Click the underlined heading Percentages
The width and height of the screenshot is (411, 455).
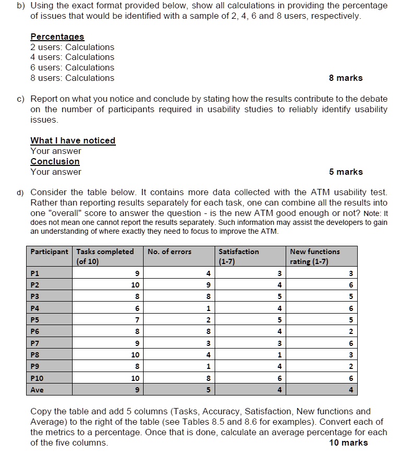(57, 37)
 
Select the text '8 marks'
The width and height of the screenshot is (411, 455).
(345, 78)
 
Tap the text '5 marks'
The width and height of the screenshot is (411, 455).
(345, 172)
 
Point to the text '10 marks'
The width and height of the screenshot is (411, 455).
(348, 442)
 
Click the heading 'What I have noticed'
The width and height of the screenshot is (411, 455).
(73, 140)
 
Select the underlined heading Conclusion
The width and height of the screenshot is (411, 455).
(55, 161)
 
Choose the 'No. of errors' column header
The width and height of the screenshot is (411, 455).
(169, 252)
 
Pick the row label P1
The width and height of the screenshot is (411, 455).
(36, 273)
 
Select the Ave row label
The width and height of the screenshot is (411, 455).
(37, 390)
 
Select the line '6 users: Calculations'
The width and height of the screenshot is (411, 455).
(72, 67)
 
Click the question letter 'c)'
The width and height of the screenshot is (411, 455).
(21, 99)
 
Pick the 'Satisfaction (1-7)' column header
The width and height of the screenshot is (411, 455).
(239, 256)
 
